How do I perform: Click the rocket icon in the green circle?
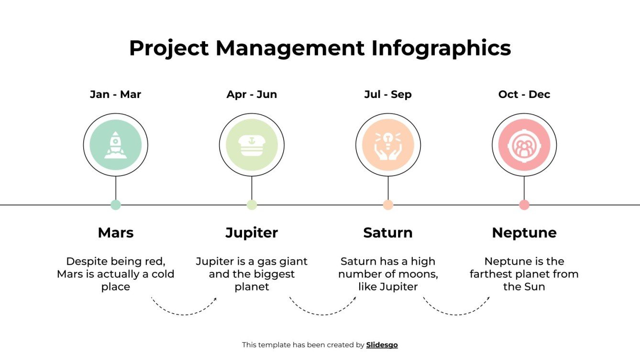pos(115,144)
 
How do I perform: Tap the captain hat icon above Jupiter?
pos(252,144)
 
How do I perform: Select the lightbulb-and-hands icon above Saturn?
pos(388,144)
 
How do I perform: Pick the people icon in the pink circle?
pos(524,144)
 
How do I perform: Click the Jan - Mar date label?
pos(115,94)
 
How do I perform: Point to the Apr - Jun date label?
pos(252,94)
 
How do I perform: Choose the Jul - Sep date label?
pos(388,94)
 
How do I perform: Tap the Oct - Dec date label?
pos(524,94)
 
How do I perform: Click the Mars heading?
pos(115,233)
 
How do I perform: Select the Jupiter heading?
pos(252,233)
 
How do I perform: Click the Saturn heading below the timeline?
pos(388,233)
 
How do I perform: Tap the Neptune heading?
pos(524,233)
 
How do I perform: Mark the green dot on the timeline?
pos(115,205)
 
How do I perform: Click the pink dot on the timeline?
pos(524,205)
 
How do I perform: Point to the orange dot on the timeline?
pos(388,205)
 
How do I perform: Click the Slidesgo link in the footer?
pos(382,345)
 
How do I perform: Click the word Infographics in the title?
pos(441,48)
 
